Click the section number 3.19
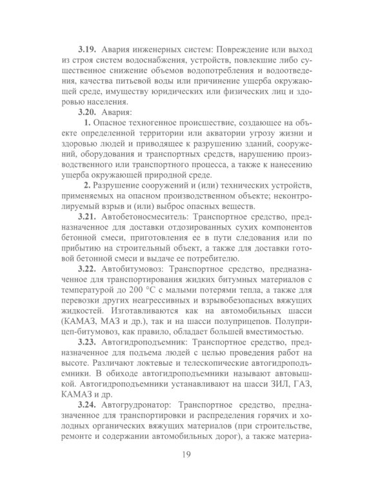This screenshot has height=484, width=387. (x=88, y=49)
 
